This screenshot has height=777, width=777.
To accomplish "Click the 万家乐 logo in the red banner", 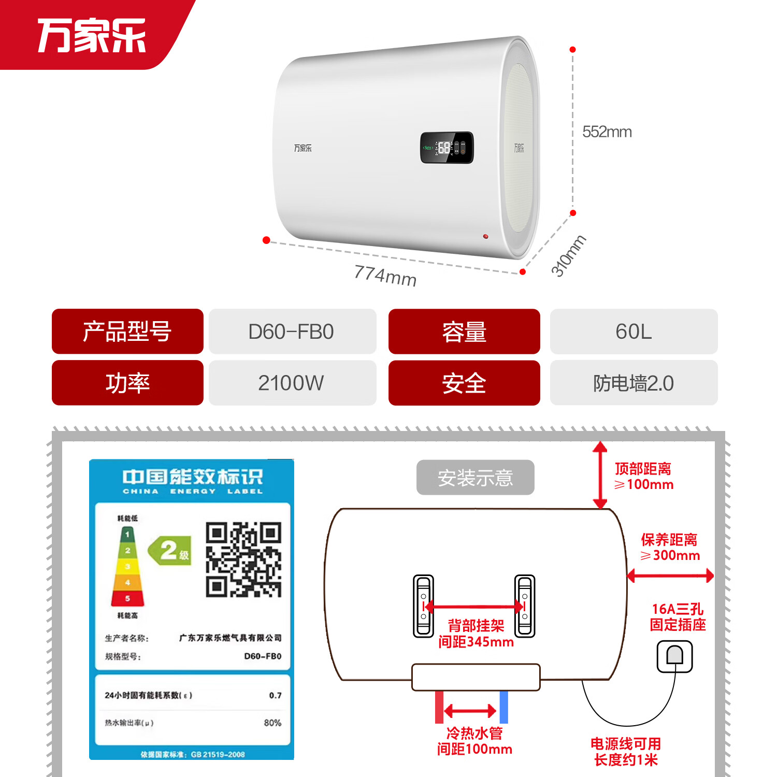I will pyautogui.click(x=92, y=35).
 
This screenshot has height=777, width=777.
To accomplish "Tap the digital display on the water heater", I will pyautogui.click(x=447, y=148).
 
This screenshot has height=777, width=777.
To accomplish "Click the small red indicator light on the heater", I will pyautogui.click(x=485, y=236).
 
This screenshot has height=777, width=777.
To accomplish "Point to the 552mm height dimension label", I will pyautogui.click(x=607, y=132).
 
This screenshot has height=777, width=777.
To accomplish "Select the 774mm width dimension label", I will pyautogui.click(x=385, y=275).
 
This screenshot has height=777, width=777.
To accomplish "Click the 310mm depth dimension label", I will pyautogui.click(x=568, y=255).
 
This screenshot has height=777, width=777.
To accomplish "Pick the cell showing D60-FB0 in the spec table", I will pyautogui.click(x=292, y=332).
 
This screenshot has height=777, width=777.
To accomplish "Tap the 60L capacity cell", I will pyautogui.click(x=634, y=332).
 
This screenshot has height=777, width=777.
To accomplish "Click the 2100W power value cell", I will pyautogui.click(x=292, y=383).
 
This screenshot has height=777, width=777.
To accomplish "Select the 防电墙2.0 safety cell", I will pyautogui.click(x=634, y=383).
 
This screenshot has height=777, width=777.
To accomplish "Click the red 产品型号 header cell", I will pyautogui.click(x=127, y=332).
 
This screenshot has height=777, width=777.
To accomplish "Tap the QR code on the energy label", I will pyautogui.click(x=243, y=559).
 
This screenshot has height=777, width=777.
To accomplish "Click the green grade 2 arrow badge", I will pyautogui.click(x=170, y=550).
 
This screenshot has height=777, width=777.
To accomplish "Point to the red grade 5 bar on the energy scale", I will pyautogui.click(x=127, y=598).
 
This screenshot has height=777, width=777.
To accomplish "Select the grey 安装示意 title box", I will pyautogui.click(x=475, y=477).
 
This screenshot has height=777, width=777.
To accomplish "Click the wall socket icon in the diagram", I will pyautogui.click(x=674, y=656).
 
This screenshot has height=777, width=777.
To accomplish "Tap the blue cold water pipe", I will pyautogui.click(x=503, y=707).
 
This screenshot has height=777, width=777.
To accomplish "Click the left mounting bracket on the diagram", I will pyautogui.click(x=423, y=606).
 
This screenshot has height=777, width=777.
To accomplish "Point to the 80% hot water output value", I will pyautogui.click(x=272, y=723).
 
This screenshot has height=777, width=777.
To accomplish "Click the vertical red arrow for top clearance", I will pyautogui.click(x=600, y=475).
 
